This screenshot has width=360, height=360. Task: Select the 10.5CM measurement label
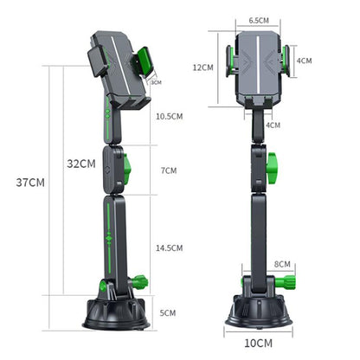point(170,116)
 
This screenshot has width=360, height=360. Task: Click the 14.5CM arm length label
point(170,247)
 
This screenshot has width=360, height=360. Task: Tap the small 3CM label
point(156,83)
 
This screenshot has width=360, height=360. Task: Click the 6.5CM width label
point(258,19)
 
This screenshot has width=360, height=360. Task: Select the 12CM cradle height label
point(202,67)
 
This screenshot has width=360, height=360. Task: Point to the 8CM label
point(282,264)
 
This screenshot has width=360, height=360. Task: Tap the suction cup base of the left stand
point(117,313)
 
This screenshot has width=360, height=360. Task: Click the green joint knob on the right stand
point(271,164)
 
